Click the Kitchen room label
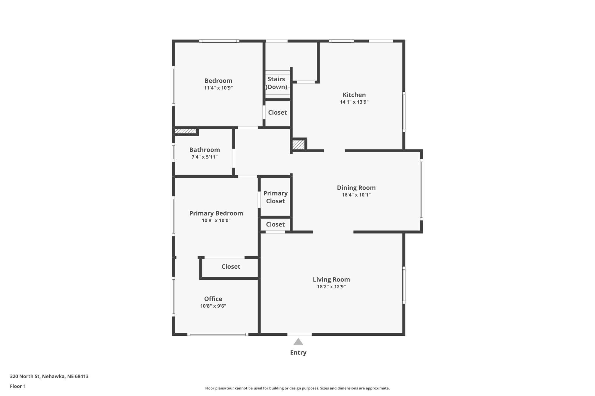click(x=354, y=95)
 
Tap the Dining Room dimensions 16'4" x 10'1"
click(x=356, y=195)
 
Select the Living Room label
click(x=331, y=279)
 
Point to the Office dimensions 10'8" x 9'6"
click(x=213, y=306)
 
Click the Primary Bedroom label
click(x=216, y=213)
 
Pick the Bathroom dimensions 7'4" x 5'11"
click(x=204, y=157)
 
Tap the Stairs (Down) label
click(x=276, y=83)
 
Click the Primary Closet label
click(x=275, y=197)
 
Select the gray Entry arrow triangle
click(x=298, y=342)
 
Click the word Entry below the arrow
click(x=298, y=352)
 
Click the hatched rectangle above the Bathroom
click(x=185, y=131)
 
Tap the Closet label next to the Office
click(x=231, y=267)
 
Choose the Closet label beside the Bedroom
click(x=277, y=113)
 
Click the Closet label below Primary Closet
click(x=275, y=225)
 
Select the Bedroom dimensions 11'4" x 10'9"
click(x=218, y=88)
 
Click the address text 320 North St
click(x=49, y=377)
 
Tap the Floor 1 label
click(x=18, y=386)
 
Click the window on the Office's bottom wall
click(x=218, y=334)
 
